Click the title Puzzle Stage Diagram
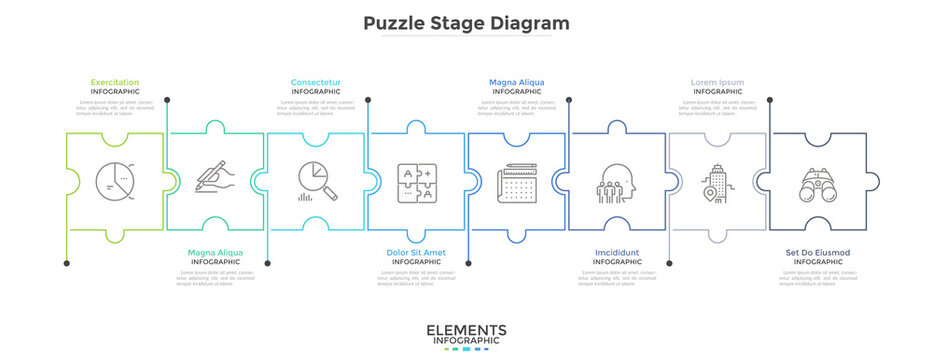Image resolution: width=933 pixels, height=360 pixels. click(x=467, y=23)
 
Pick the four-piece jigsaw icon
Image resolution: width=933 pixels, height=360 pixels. click(x=416, y=182)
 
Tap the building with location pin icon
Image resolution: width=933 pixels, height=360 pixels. click(x=716, y=182)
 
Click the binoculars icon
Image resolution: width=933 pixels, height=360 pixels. click(x=818, y=183)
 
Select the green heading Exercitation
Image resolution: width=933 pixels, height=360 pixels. click(x=115, y=82)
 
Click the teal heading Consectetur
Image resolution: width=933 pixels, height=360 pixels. click(x=316, y=82)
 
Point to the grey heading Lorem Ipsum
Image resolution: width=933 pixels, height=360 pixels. click(x=717, y=82)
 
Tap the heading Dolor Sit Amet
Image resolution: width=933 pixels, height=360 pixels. click(x=416, y=252)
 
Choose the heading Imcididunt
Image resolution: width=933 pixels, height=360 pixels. click(x=616, y=252)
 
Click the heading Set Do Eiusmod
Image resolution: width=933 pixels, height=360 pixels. click(x=818, y=252)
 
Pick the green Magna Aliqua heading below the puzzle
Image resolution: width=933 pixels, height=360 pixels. click(x=215, y=252)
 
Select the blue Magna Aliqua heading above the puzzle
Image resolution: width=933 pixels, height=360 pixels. click(x=517, y=82)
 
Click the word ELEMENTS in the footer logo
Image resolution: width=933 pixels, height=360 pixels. click(x=466, y=330)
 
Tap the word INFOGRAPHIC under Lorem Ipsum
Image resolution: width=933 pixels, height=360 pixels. click(x=717, y=91)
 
